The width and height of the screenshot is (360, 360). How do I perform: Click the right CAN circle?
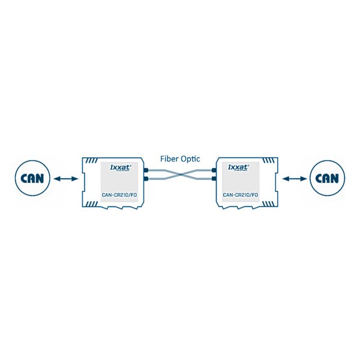click(328, 178)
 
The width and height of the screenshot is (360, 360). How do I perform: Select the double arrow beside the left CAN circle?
click(65, 178)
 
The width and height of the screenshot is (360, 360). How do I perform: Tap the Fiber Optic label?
click(179, 159)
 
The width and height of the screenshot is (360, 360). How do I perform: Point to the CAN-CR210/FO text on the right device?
click(240, 195)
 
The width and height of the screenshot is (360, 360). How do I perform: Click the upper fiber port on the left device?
click(146, 170)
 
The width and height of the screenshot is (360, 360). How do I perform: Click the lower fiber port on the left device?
click(146, 178)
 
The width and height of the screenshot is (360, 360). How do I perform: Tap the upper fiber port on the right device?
click(214, 170)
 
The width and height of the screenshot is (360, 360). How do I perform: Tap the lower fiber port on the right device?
click(214, 178)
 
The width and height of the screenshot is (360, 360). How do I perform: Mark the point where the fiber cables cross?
click(180, 174)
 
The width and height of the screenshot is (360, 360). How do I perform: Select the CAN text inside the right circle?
click(328, 178)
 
